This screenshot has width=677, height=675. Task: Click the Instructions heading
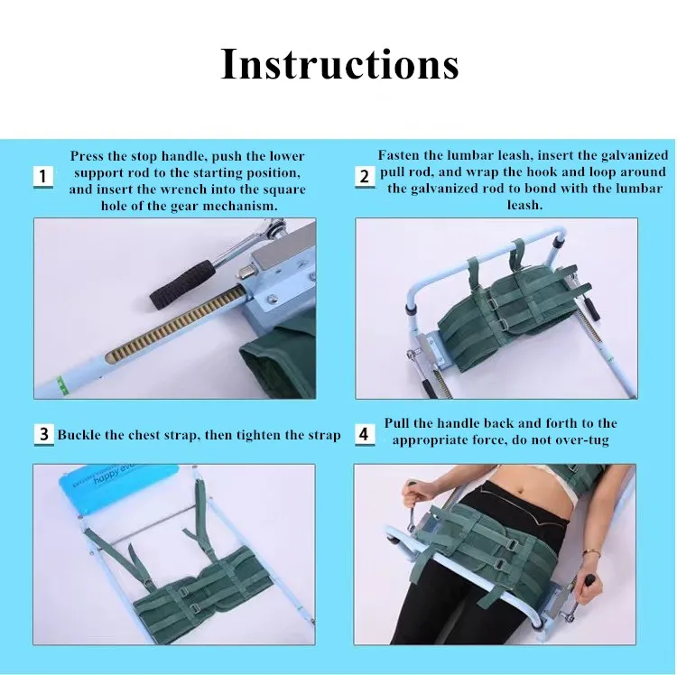339,63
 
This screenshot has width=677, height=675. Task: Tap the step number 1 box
43,177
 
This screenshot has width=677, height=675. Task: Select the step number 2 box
365,177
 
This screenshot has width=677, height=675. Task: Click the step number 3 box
43,434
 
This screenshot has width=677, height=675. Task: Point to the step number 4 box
365,434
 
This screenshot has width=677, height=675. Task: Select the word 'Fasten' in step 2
399,155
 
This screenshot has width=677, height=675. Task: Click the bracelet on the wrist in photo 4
590,553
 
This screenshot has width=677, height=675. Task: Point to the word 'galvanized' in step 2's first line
635,155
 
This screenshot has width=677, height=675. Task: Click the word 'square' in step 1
285,190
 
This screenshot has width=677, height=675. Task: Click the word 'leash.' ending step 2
524,205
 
